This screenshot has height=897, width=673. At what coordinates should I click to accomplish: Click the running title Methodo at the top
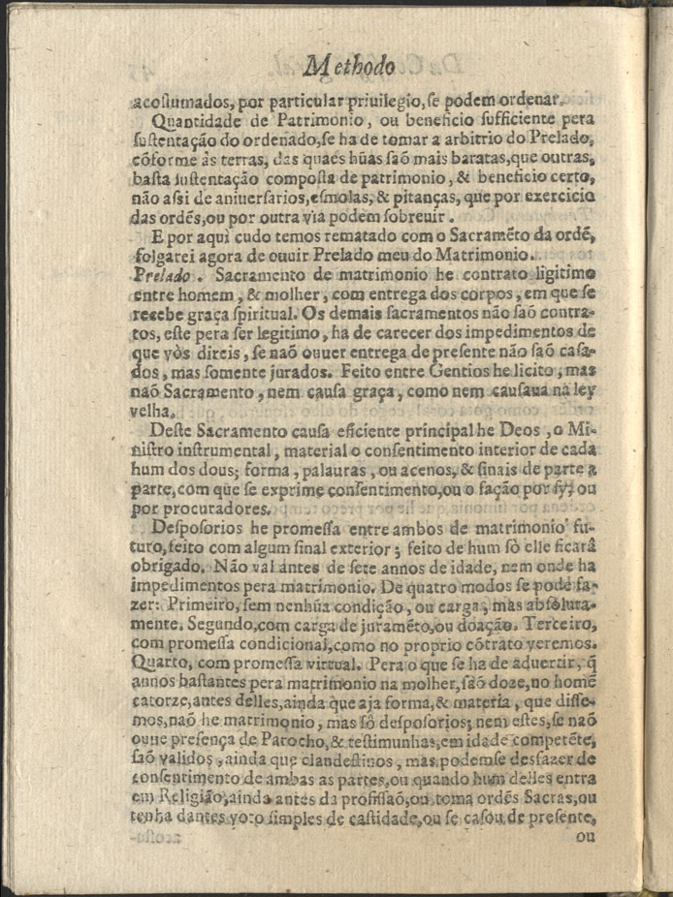(349, 66)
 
